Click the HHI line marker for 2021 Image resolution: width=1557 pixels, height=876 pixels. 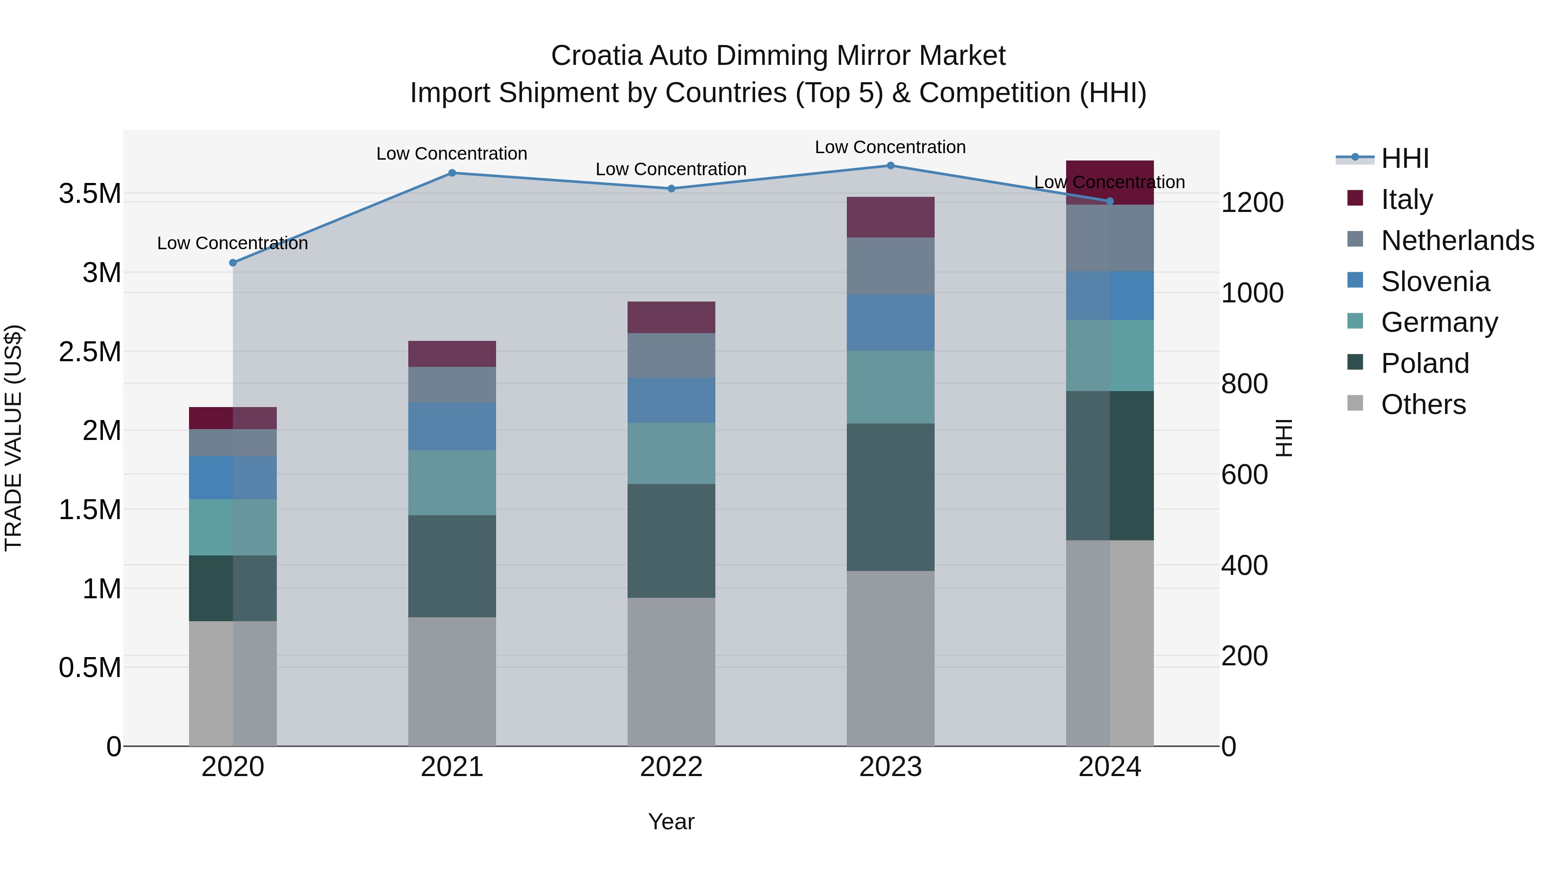pos(452,173)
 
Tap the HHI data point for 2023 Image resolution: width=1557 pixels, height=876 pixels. pos(891,166)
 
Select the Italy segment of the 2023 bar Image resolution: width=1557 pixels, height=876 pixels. pos(891,217)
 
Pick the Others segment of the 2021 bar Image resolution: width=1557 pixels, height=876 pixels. pos(452,681)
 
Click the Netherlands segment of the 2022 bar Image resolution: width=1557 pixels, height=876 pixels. pos(671,356)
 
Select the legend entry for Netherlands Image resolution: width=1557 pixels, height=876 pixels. pos(1457,241)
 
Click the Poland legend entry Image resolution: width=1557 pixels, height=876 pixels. pos(1424,363)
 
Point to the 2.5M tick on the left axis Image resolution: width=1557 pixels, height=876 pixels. pos(90,352)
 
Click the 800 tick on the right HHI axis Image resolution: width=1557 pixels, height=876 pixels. pos(1244,384)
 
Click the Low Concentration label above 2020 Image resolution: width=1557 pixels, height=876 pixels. pos(232,243)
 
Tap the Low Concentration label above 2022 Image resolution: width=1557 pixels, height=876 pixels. pos(671,169)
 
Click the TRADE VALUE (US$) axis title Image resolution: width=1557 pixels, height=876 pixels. pos(13,438)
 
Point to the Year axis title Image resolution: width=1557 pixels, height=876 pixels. pos(671,821)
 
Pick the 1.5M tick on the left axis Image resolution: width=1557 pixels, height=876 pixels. pos(90,510)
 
